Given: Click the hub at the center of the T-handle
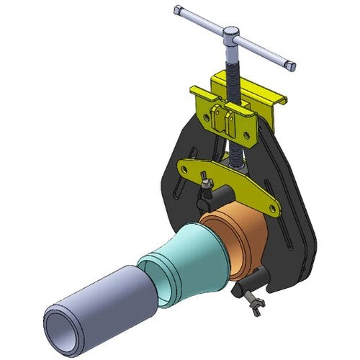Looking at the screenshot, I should [232, 35].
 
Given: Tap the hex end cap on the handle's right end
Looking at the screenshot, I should [290, 66].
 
